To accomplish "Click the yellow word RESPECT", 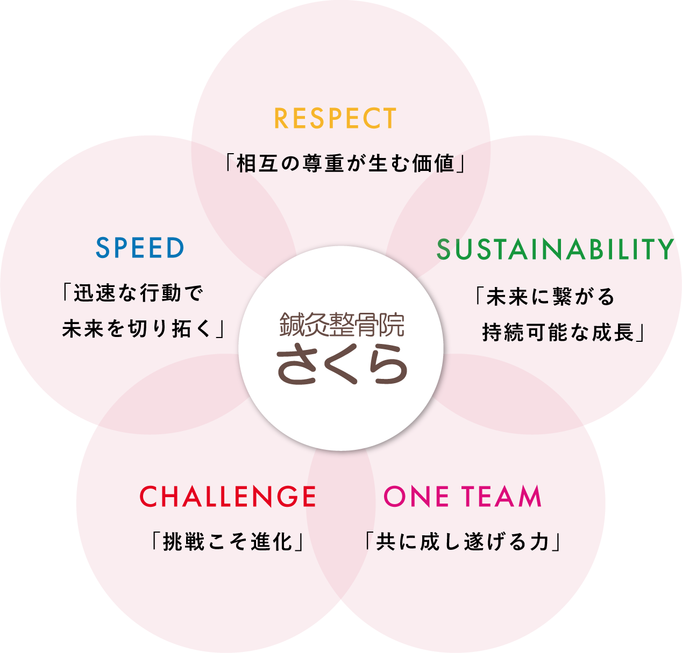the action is pyautogui.click(x=335, y=118).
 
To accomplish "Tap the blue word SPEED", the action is pyautogui.click(x=140, y=248).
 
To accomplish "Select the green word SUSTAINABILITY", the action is pyautogui.click(x=555, y=249).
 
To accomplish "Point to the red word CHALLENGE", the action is pyautogui.click(x=228, y=496).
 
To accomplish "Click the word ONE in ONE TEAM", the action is pyautogui.click(x=416, y=496).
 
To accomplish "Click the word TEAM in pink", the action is pyautogui.click(x=501, y=496).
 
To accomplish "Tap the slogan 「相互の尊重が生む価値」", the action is pyautogui.click(x=345, y=163).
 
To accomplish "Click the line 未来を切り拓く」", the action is pyautogui.click(x=144, y=328).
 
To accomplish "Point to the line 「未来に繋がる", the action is pyautogui.click(x=544, y=296).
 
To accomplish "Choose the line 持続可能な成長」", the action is pyautogui.click(x=564, y=332).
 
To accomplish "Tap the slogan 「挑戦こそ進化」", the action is pyautogui.click(x=228, y=541).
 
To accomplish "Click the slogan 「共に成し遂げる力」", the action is pyautogui.click(x=463, y=541).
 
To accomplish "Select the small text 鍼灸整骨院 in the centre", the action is pyautogui.click(x=342, y=325).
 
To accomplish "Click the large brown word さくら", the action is pyautogui.click(x=342, y=363).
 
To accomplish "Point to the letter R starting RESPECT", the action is pyautogui.click(x=281, y=118).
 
